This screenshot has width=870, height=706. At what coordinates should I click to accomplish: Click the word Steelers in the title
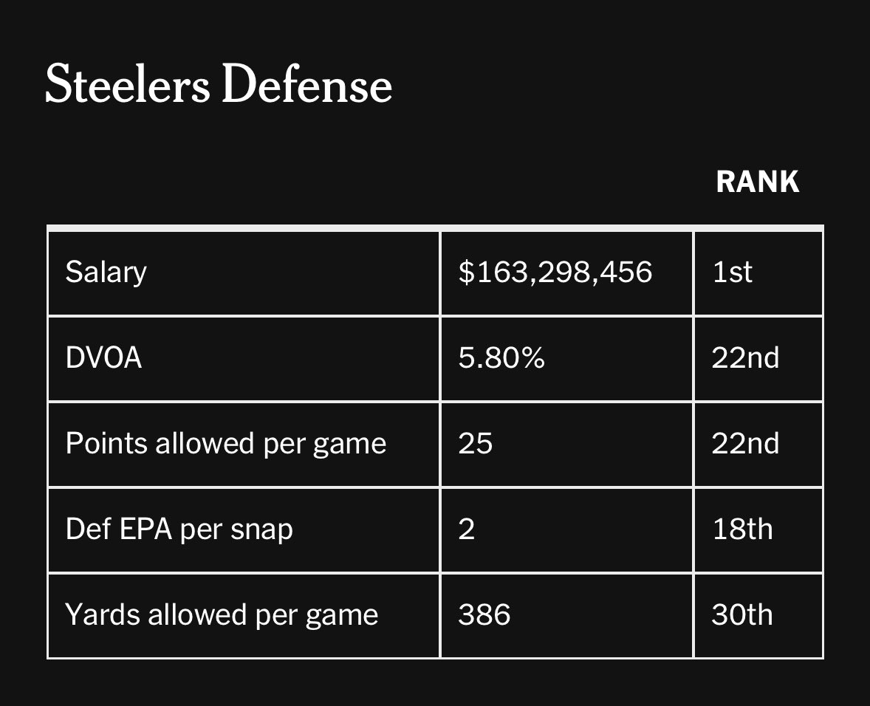127,84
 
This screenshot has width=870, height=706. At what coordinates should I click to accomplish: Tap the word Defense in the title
306,84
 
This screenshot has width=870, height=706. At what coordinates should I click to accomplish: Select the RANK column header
757,182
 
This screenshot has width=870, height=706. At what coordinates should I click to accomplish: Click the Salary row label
106,273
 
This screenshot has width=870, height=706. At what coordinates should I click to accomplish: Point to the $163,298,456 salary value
555,273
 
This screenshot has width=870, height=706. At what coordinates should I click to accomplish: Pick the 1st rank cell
732,273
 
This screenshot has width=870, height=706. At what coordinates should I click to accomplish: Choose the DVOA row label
103,358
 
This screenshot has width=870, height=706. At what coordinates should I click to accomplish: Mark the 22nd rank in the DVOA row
744,358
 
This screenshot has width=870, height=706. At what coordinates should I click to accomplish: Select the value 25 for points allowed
474,444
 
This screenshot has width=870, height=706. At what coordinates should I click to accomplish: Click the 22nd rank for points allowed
744,444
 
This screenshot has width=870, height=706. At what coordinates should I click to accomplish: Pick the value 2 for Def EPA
466,529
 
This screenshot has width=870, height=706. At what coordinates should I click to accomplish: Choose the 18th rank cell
741,529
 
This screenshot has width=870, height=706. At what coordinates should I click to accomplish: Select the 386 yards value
484,615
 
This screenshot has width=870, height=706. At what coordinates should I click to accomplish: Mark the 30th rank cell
741,615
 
